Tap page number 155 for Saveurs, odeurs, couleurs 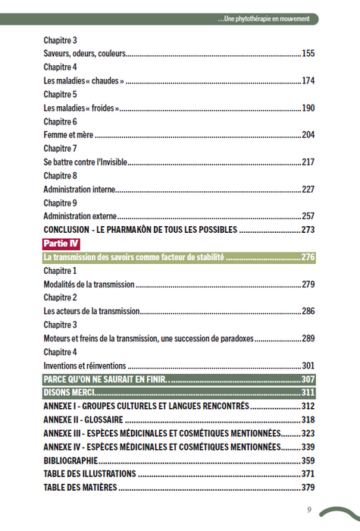308,54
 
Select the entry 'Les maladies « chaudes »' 84,81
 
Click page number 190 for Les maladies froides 308,108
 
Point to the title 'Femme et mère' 68,135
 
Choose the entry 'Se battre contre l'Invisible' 86,162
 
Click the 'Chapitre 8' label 61,176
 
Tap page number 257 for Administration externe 308,216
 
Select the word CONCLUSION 67,230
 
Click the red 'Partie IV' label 61,244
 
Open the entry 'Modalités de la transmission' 89,284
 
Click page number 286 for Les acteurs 308,311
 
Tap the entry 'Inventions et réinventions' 85,365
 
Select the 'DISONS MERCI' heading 70,392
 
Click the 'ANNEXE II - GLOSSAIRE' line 83,419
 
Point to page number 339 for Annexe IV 308,446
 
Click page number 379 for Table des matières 308,487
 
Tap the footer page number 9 309,509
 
